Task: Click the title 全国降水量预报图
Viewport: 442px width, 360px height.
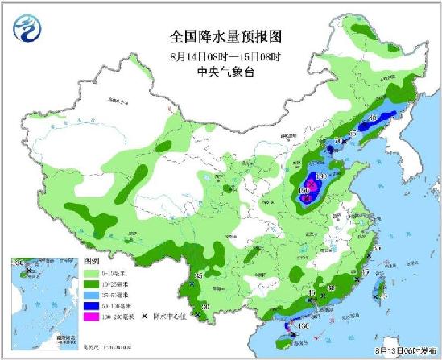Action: (221, 36)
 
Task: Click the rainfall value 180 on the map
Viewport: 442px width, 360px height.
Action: (319, 176)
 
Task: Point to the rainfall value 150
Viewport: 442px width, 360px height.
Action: (304, 190)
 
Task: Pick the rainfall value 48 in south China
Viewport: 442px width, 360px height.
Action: (332, 288)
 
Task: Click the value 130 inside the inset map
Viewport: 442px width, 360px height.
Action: (18, 263)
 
